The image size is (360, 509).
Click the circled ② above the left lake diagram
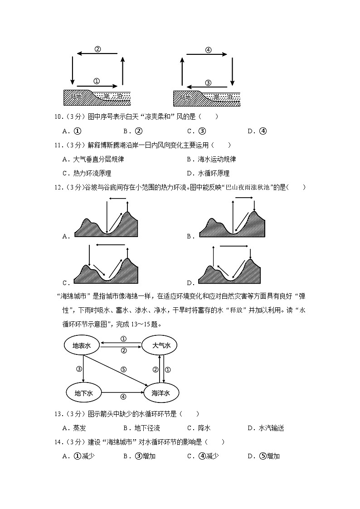pyautogui.click(x=97, y=49)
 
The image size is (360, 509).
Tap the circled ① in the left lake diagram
pyautogui.click(x=96, y=81)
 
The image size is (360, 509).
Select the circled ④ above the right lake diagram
pyautogui.click(x=208, y=50)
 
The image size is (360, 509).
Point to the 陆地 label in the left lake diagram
pyautogui.click(x=76, y=97)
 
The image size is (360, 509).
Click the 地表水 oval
pyautogui.click(x=82, y=345)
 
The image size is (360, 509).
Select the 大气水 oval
pyautogui.click(x=161, y=345)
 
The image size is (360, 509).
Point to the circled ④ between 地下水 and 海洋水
pyautogui.click(x=123, y=397)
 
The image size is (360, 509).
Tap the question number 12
pyautogui.click(x=58, y=187)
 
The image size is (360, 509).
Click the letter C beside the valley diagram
pyautogui.click(x=65, y=283)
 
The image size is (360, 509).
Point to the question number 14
pyautogui.click(x=58, y=442)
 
